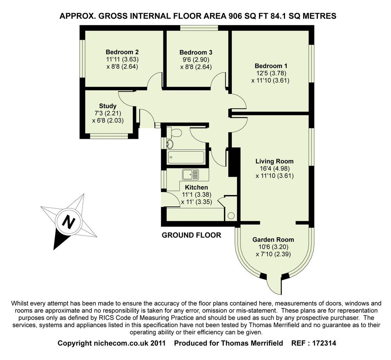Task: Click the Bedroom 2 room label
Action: pyautogui.click(x=122, y=52)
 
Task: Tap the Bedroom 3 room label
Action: pyautogui.click(x=196, y=52)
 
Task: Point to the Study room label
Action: pyautogui.click(x=108, y=106)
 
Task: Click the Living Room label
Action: pyautogui.click(x=274, y=161)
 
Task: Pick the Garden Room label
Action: pyautogui.click(x=273, y=240)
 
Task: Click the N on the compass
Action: pyautogui.click(x=69, y=222)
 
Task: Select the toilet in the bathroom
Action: pyautogui.click(x=176, y=133)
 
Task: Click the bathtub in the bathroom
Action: pyautogui.click(x=185, y=158)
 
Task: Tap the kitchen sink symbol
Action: pyautogui.click(x=190, y=174)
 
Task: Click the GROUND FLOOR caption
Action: pyautogui.click(x=192, y=235)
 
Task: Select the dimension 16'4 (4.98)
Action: pyautogui.click(x=274, y=168)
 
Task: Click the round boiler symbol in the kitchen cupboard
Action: pyautogui.click(x=231, y=215)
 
